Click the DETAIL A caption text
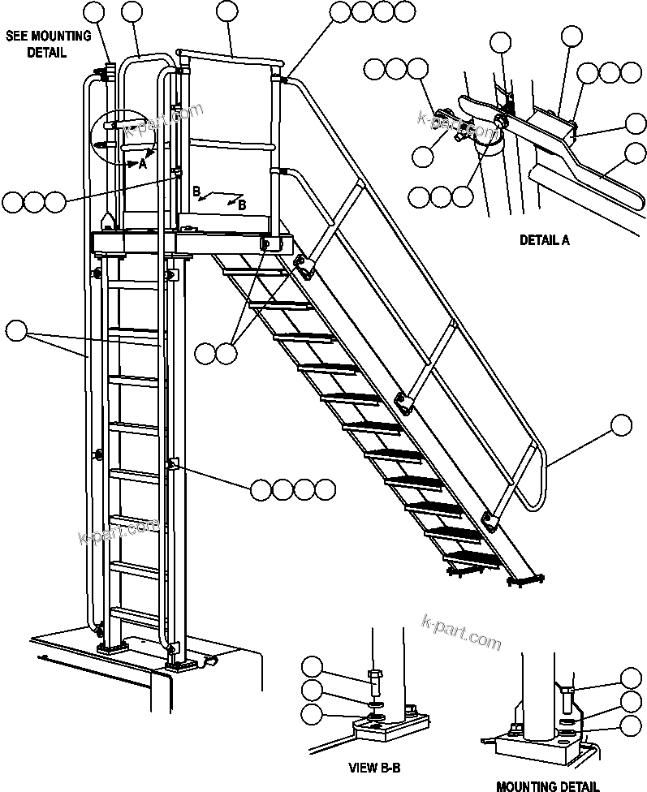click(545, 240)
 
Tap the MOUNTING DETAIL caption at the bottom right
click(548, 786)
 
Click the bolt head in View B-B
click(375, 675)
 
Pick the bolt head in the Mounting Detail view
click(567, 691)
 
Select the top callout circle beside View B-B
click(312, 669)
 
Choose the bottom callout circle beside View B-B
click(312, 714)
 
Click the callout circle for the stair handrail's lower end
click(621, 425)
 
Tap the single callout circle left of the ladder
click(16, 331)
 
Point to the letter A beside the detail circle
click(142, 163)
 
